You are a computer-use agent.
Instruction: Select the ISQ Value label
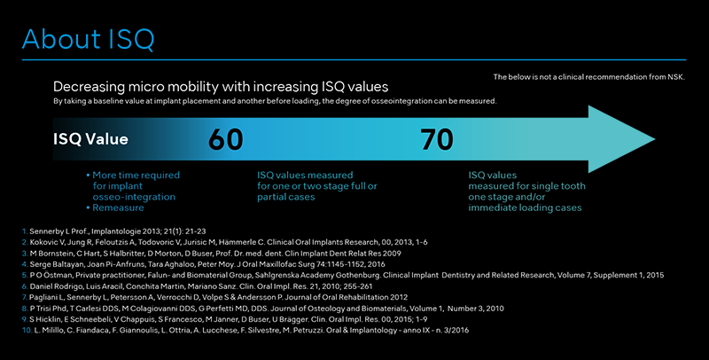click(x=90, y=139)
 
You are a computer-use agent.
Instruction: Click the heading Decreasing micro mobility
click(x=221, y=87)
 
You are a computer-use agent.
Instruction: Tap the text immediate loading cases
click(x=525, y=207)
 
